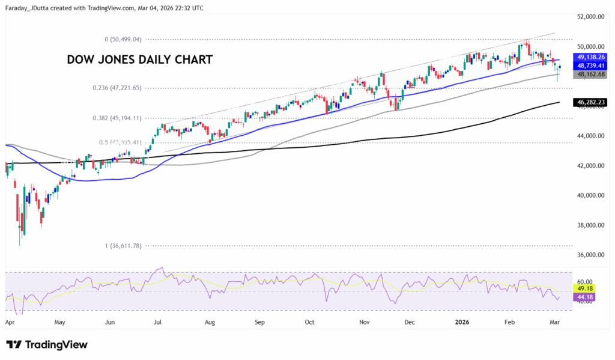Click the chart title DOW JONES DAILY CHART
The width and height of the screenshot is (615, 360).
coord(139,60)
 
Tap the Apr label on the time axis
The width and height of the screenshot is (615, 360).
coord(10,322)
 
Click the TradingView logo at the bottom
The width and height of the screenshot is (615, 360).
coord(47,345)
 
